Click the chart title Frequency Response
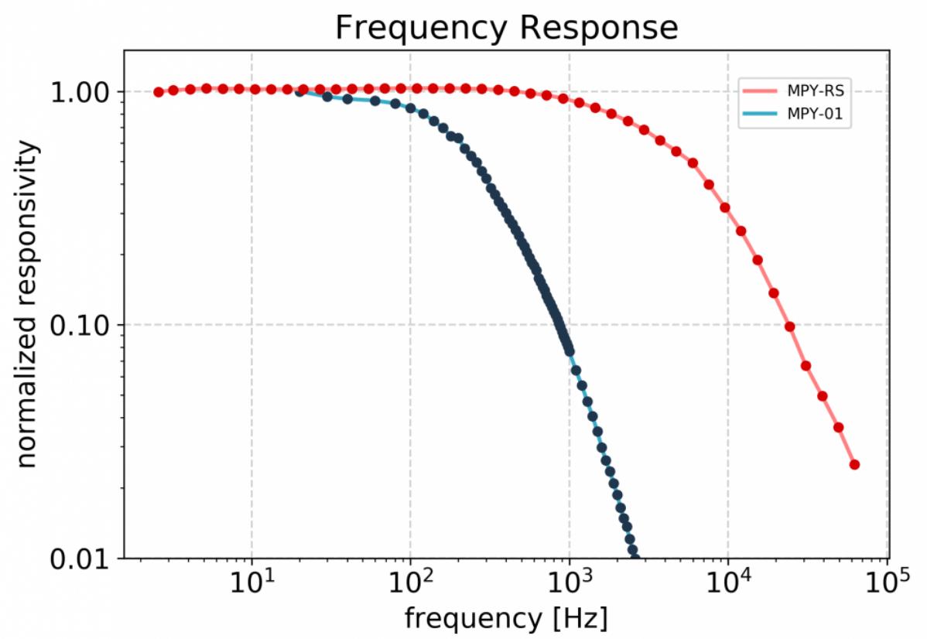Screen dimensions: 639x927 (506, 28)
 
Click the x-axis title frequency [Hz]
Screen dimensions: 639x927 (505, 618)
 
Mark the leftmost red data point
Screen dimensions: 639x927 (159, 92)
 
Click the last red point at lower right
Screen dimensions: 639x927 (854, 464)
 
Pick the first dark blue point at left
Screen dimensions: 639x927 (299, 91)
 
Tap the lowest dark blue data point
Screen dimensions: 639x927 (634, 551)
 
